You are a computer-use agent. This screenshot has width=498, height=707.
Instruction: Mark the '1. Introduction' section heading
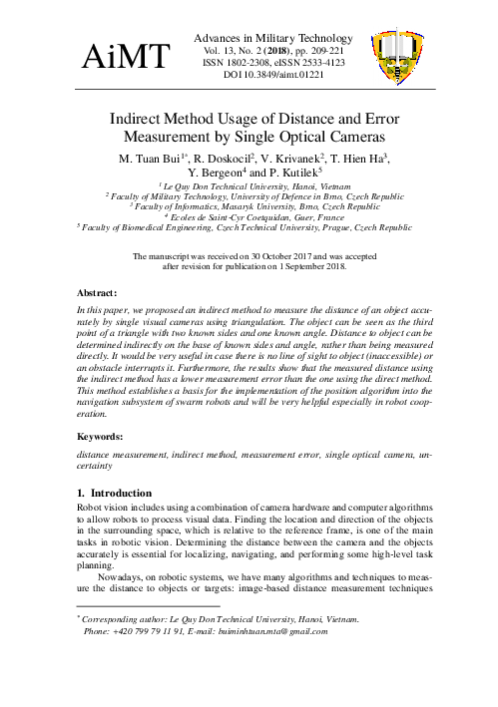(112, 492)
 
